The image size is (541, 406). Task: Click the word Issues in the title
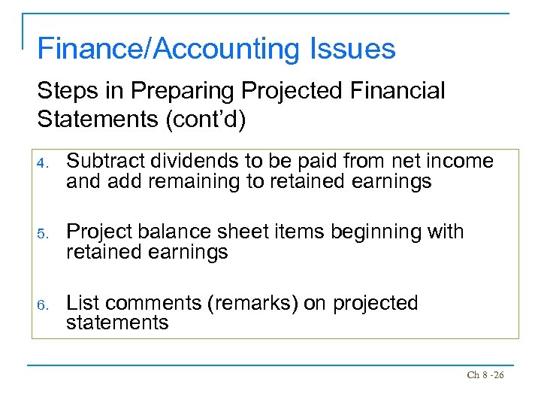[x=349, y=49]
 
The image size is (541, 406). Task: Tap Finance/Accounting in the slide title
[x=166, y=49]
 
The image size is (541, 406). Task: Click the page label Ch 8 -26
[x=485, y=374]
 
